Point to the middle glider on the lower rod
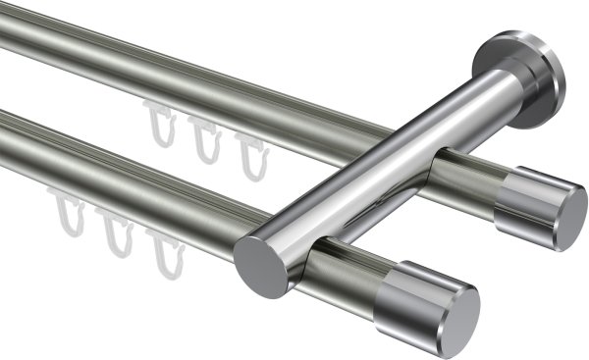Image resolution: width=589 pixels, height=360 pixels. pyautogui.click(x=118, y=235)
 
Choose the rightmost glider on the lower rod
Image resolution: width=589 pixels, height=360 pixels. pyautogui.click(x=163, y=249)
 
